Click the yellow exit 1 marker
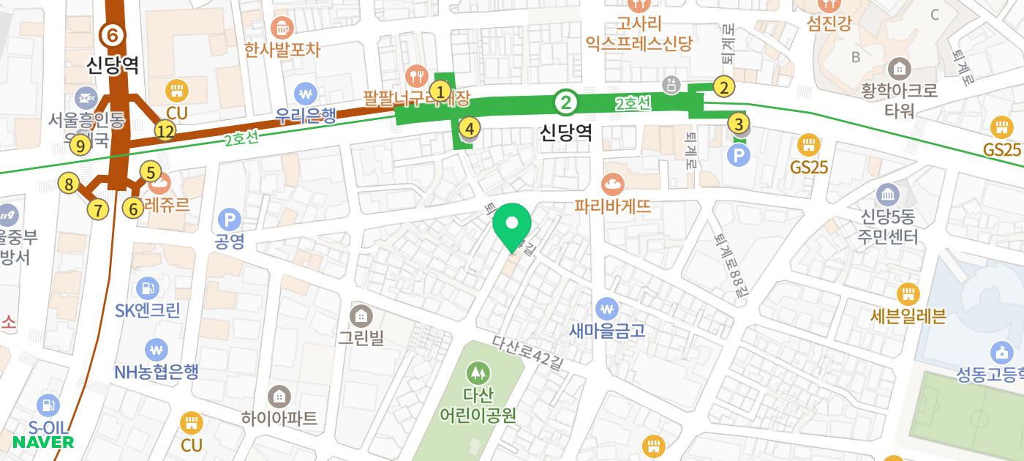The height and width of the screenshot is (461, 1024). pos(440,91)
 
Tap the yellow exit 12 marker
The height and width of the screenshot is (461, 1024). pos(166,132)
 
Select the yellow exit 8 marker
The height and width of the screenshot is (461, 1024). pos(69,184)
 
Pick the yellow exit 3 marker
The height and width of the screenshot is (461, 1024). pos(739,124)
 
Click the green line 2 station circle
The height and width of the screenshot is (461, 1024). pos(565,102)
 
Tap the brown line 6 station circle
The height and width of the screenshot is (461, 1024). pos(112,34)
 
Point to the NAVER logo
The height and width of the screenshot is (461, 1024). pos(43,442)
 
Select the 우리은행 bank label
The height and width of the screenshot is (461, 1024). pos(306,115)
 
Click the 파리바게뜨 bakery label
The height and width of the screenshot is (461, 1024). pos(613,206)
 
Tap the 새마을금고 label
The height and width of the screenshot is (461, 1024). pos(607,330)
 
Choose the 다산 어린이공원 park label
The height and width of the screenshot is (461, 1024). pos(478,405)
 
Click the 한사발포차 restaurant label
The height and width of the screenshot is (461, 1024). pos(282,50)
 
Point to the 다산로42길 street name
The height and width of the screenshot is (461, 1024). pos(527,353)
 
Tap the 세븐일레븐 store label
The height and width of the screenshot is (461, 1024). pos(908,316)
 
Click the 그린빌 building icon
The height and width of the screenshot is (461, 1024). pos(361,317)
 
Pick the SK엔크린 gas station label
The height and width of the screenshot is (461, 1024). pos(148,310)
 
